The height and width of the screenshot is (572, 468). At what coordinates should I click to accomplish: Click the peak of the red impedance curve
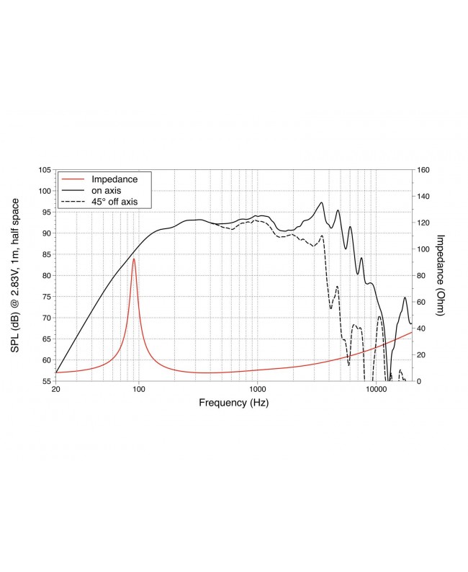(x=134, y=259)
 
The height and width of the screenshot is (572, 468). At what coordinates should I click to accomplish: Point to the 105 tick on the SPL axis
(x=45, y=170)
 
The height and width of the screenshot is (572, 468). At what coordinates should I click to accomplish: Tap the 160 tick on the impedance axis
(x=423, y=170)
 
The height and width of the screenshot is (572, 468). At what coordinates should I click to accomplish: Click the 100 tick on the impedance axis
(x=423, y=249)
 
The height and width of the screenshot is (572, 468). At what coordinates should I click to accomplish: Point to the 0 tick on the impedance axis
(x=419, y=381)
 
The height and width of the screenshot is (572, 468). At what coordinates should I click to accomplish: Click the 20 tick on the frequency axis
(x=55, y=390)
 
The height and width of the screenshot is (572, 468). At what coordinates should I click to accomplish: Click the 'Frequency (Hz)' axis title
(x=233, y=403)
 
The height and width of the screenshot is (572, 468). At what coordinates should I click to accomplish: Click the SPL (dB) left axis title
(x=15, y=276)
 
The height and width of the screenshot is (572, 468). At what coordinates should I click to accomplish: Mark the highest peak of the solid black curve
(x=322, y=202)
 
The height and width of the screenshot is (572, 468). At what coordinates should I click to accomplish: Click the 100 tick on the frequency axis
(x=139, y=390)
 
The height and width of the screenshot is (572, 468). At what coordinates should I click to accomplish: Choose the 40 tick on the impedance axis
(x=421, y=329)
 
